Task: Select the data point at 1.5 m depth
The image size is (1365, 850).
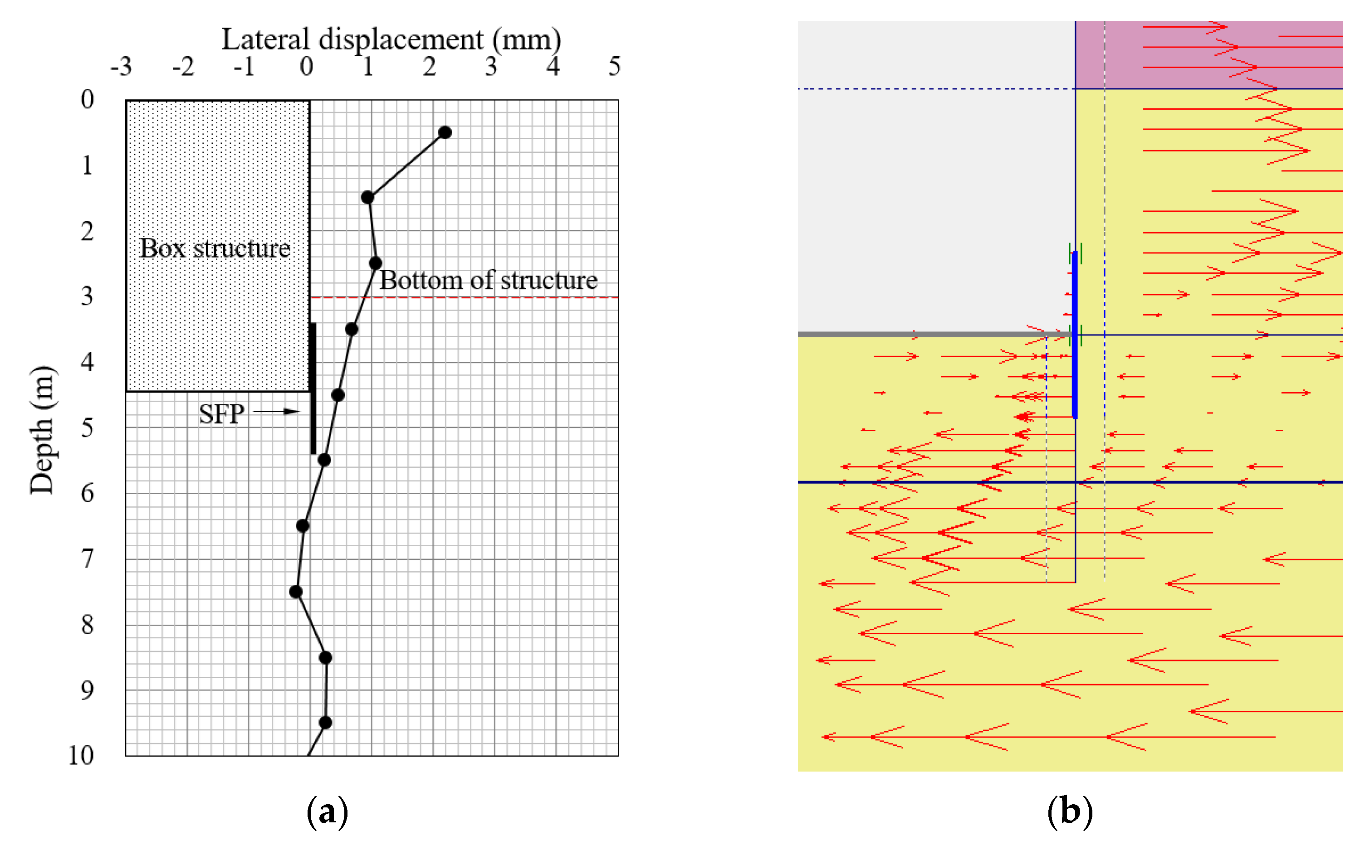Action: pos(368,197)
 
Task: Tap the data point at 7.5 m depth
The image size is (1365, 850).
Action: pos(296,592)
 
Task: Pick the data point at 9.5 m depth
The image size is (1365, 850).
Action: pos(325,723)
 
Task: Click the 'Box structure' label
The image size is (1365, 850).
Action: pos(215,248)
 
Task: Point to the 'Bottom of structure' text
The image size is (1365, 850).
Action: pos(488,280)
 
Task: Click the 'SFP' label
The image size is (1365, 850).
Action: pos(221,414)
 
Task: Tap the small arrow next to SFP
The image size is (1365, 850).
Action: pos(277,412)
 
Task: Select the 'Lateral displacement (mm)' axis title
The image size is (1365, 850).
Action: pos(391,39)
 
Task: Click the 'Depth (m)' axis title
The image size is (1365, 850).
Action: pos(42,430)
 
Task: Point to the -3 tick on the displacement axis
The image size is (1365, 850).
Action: pos(121,67)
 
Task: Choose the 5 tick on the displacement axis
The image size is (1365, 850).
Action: pos(614,67)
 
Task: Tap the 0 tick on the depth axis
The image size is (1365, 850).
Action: pos(87,99)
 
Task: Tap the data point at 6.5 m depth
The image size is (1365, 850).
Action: pos(303,525)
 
